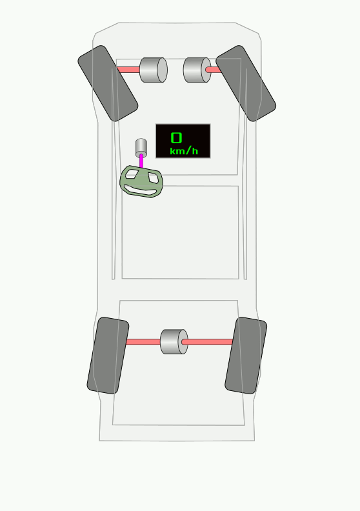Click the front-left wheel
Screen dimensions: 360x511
coord(108,83)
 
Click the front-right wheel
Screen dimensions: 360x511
coord(246,83)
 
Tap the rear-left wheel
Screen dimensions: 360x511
coord(108,356)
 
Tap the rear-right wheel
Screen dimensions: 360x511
coord(246,356)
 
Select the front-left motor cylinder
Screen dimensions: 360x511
coord(154,70)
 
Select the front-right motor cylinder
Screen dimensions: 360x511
coord(197,70)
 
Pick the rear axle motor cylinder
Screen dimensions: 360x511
coord(174,341)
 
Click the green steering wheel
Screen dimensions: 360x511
coord(141,181)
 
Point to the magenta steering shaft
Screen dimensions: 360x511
coord(141,161)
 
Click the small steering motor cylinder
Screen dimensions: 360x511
coord(141,148)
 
